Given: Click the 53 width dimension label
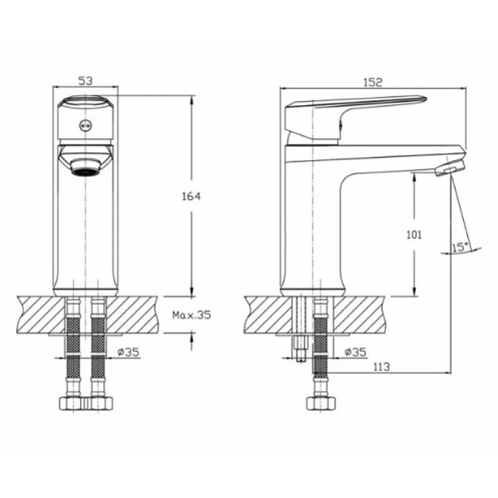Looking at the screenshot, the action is pos(85,81).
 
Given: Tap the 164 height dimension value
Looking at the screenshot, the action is pos(191,196).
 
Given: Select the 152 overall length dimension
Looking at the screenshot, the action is pos(373,82).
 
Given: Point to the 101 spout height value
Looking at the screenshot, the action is pos(415,235).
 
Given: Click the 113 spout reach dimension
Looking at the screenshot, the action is pos(381,367).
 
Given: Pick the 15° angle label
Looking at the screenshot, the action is pos(460,247).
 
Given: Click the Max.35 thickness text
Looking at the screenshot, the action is pos(192,315).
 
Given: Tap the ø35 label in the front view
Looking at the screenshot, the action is pos(128,352).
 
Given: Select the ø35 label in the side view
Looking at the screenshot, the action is pos(355,352).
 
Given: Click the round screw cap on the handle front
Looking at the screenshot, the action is pos(85,126).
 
